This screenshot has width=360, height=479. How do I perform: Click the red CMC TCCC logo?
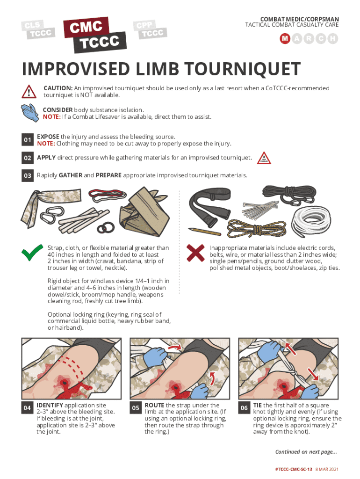coord(95,35)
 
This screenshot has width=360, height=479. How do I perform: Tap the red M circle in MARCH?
coord(285,38)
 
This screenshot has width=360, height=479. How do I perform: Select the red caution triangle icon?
coord(29,91)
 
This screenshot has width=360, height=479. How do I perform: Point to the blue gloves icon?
coord(30,113)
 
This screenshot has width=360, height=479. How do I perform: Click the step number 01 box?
coord(28,139)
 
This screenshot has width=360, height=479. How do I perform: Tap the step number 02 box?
coord(28,158)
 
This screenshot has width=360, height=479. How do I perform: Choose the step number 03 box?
coord(28,175)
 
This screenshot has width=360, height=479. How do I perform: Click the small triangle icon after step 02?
coord(264,158)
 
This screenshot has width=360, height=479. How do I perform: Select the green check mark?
coord(32,253)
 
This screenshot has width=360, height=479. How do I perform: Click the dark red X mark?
coord(195,253)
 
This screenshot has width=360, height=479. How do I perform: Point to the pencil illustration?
coord(204,232)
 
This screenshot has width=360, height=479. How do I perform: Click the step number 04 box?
coord(27,408)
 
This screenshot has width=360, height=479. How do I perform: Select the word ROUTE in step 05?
coord(154,405)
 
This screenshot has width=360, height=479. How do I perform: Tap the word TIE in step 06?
coord(258,405)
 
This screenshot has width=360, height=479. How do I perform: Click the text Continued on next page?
coord(306,452)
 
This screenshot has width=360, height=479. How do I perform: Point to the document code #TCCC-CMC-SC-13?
coord(294,469)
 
